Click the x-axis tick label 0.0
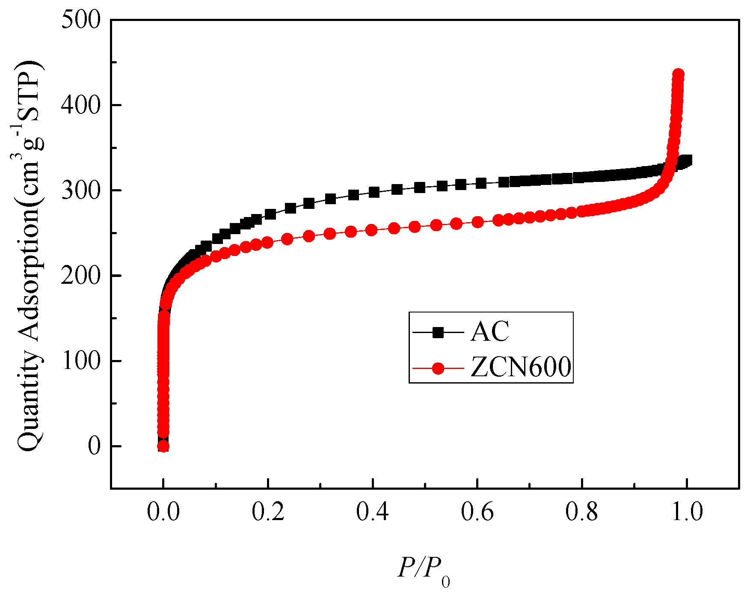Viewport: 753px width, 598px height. coord(163,512)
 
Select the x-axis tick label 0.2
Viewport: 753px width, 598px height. coord(268,512)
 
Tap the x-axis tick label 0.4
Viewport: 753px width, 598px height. coord(373,512)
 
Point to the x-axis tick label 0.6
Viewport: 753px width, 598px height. coord(477,512)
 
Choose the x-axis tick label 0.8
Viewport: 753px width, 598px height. coord(582,512)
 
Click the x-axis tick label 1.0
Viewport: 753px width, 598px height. coord(687,512)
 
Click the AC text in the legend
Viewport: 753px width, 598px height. coord(490,332)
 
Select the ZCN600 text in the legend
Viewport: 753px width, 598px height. coord(521,367)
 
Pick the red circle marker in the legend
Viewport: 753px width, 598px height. coord(438,368)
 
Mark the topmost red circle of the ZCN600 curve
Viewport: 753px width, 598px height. coord(678,74)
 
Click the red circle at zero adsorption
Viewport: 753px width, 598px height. coord(163,446)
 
